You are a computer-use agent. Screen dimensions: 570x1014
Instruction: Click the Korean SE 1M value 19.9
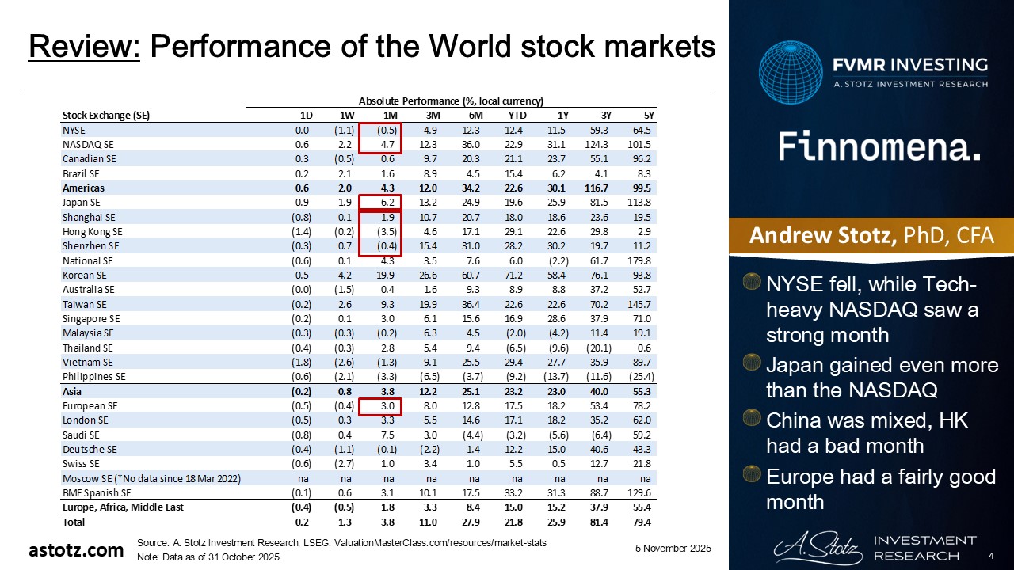387,275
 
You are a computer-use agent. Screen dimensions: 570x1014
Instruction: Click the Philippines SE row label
93,377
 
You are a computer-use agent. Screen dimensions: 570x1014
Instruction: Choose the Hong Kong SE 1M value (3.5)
387,231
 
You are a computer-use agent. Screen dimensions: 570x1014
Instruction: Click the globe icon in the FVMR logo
791,74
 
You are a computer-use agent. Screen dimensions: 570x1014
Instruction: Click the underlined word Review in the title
85,48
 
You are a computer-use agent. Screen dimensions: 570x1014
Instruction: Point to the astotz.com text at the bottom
76,550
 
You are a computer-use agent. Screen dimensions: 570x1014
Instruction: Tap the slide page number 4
992,556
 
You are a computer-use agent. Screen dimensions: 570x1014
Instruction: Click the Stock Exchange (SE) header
105,115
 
